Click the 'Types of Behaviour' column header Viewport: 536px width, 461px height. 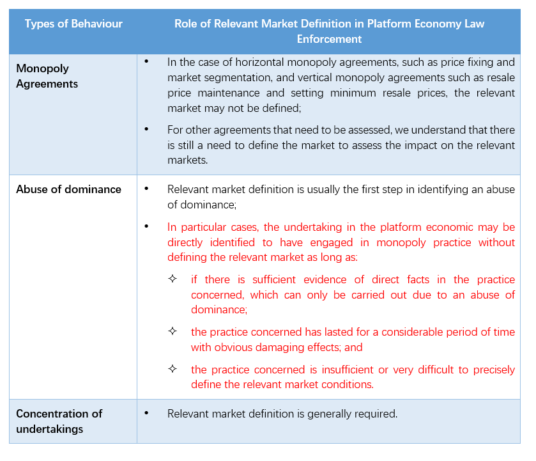coord(73,24)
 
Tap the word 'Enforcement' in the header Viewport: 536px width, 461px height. coord(329,39)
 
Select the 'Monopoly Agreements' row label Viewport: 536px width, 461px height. coord(47,76)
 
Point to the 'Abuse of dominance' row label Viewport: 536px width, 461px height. coord(68,189)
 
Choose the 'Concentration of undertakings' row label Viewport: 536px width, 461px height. coord(59,421)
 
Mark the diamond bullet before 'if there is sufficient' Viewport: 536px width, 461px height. coord(172,279)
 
